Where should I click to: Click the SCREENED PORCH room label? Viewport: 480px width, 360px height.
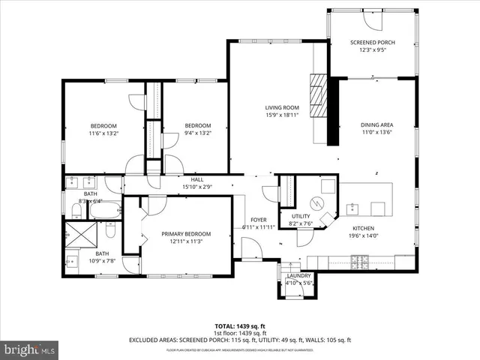(372, 42)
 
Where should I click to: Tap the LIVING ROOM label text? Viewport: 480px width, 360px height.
(281, 107)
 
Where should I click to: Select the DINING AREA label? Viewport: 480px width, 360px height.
(377, 124)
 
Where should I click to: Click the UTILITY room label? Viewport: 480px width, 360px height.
(289, 216)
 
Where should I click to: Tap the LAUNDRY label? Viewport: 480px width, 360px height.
(298, 275)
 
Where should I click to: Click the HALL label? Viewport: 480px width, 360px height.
(197, 179)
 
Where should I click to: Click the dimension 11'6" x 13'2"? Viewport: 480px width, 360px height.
(103, 133)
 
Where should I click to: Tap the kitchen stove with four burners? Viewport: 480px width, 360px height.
(360, 262)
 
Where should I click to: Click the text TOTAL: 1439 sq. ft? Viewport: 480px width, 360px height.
(239, 326)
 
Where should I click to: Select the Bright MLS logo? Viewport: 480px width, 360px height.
(30, 349)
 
